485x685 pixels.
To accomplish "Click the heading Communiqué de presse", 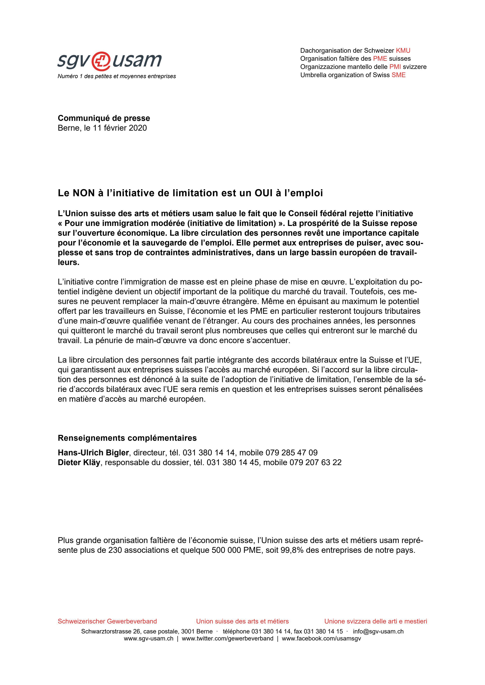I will (104, 118).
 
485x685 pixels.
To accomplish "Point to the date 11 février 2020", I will (120, 128).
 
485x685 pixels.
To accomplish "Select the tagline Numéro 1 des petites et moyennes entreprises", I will (117, 76).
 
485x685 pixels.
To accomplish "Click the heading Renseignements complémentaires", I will (127, 438).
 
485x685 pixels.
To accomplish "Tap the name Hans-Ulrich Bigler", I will (93, 453).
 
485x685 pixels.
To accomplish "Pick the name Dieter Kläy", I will (79, 462).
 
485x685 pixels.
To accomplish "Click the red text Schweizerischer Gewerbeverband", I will (107, 622).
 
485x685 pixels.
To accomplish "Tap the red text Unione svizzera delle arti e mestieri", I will (376, 622).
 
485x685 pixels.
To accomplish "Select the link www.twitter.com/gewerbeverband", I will (227, 639).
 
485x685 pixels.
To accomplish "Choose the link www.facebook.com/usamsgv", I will (321, 639).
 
